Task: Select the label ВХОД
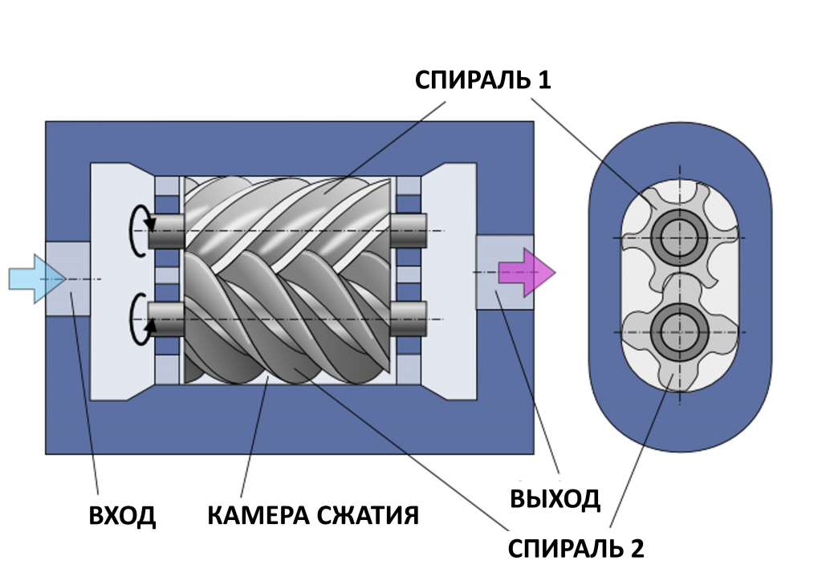[x=122, y=515]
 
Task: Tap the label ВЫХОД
[x=555, y=498]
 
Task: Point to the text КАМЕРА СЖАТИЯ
[x=313, y=515]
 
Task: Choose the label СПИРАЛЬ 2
[x=576, y=549]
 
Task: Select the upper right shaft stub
[x=409, y=231]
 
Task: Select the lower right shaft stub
[x=409, y=319]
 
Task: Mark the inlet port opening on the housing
[x=67, y=278]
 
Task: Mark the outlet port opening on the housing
[x=504, y=272]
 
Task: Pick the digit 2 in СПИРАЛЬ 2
[x=636, y=549]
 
